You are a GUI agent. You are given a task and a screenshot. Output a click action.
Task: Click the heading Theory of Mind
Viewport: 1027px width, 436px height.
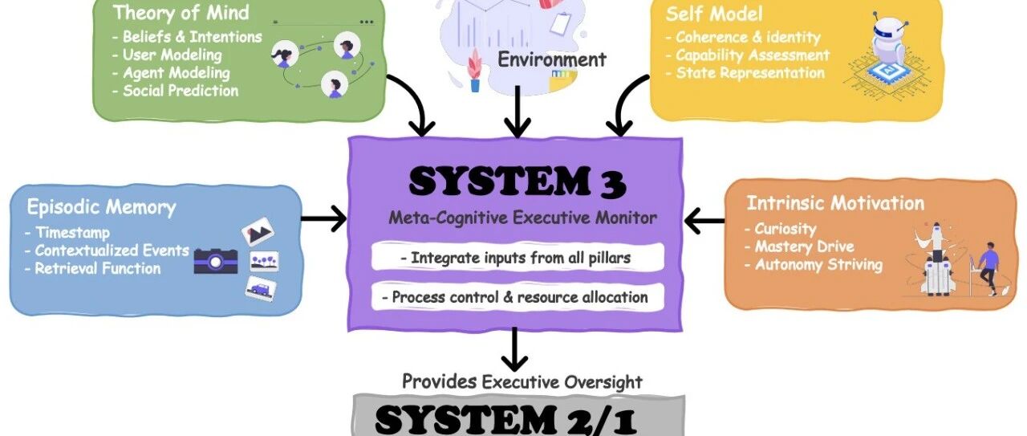181,13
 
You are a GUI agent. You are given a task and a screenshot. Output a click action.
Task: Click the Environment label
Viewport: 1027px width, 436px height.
551,59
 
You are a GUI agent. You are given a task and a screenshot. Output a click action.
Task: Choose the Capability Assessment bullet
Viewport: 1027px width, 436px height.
753,55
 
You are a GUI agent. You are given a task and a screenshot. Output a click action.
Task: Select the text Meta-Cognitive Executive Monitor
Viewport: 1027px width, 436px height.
523,218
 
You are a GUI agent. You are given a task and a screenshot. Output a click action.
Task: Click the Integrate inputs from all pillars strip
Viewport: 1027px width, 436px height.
518,258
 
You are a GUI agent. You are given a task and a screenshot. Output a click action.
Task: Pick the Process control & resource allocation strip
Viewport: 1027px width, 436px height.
518,296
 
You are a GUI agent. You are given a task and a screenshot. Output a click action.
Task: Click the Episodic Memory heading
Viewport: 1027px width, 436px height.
101,207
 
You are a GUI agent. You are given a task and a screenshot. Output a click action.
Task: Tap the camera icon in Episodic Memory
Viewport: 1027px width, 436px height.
215,259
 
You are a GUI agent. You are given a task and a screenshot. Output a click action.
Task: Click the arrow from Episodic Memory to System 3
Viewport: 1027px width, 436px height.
324,218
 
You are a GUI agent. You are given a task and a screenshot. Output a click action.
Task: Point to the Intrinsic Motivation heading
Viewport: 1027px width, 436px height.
835,203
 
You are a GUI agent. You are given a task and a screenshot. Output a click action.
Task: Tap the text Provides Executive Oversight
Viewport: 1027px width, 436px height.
522,381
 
